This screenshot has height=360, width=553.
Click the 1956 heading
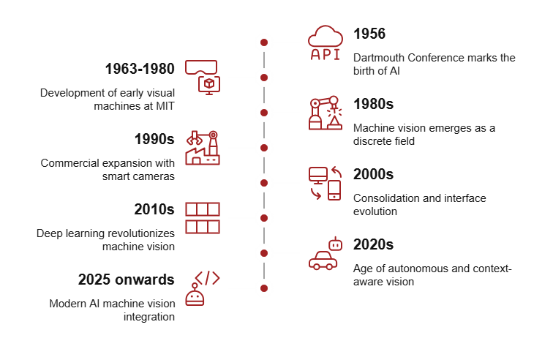point(369,34)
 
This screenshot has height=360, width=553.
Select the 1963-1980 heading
point(139,69)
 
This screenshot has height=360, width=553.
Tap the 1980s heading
point(373,104)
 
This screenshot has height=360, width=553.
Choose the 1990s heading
point(154,139)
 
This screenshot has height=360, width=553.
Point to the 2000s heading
point(373,174)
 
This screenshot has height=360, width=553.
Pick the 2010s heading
point(154,209)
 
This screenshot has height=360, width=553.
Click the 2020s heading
point(373,244)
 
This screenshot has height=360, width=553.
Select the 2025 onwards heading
point(126,280)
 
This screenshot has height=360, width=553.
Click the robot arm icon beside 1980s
point(325,113)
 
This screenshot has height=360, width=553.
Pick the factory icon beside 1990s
point(203,148)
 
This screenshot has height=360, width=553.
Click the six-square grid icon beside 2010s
point(203,218)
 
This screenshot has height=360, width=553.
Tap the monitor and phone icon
point(325,183)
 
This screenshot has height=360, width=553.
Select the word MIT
point(165,106)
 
